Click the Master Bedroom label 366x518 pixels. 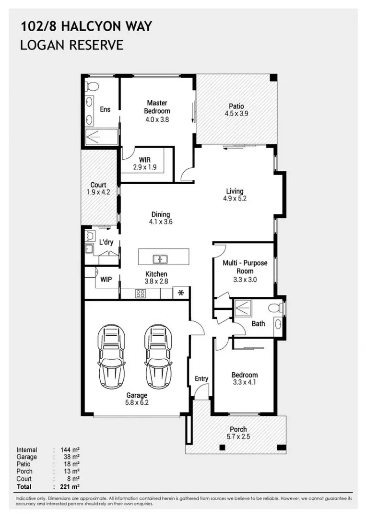coord(157,107)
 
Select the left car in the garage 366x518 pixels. coord(114,356)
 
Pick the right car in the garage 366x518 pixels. coord(158,356)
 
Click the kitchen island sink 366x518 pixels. coord(160,259)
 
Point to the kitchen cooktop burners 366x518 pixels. coord(141,294)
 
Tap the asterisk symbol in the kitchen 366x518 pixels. coord(181,293)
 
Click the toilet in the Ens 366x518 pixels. coord(92,86)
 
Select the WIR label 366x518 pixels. coord(145,159)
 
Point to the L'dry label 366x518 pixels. coord(106,242)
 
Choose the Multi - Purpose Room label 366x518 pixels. coord(245,267)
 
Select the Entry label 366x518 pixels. coord(201,378)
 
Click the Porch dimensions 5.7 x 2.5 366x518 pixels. coord(238,437)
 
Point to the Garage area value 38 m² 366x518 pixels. coord(70,457)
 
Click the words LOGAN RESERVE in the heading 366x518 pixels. coord(72,46)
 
